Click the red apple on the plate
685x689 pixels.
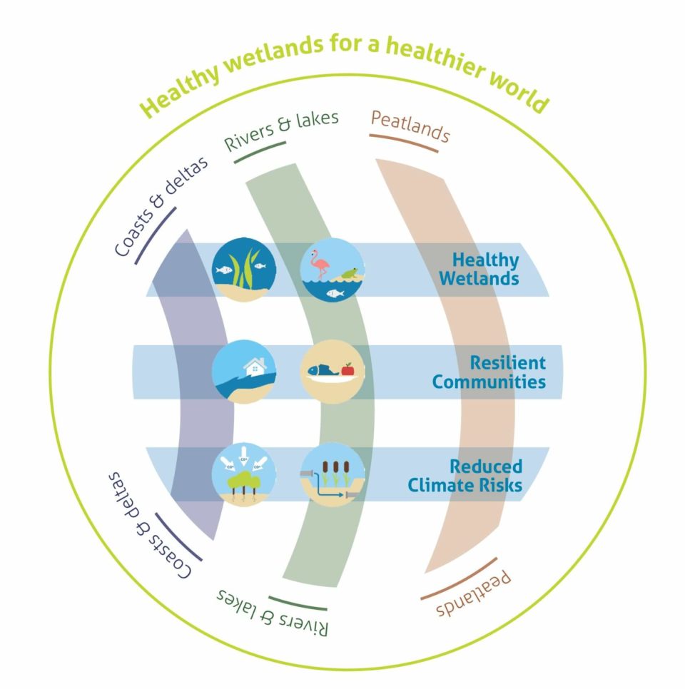347,369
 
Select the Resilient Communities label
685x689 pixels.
489,372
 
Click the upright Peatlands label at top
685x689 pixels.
410,128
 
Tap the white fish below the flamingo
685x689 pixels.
330,293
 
